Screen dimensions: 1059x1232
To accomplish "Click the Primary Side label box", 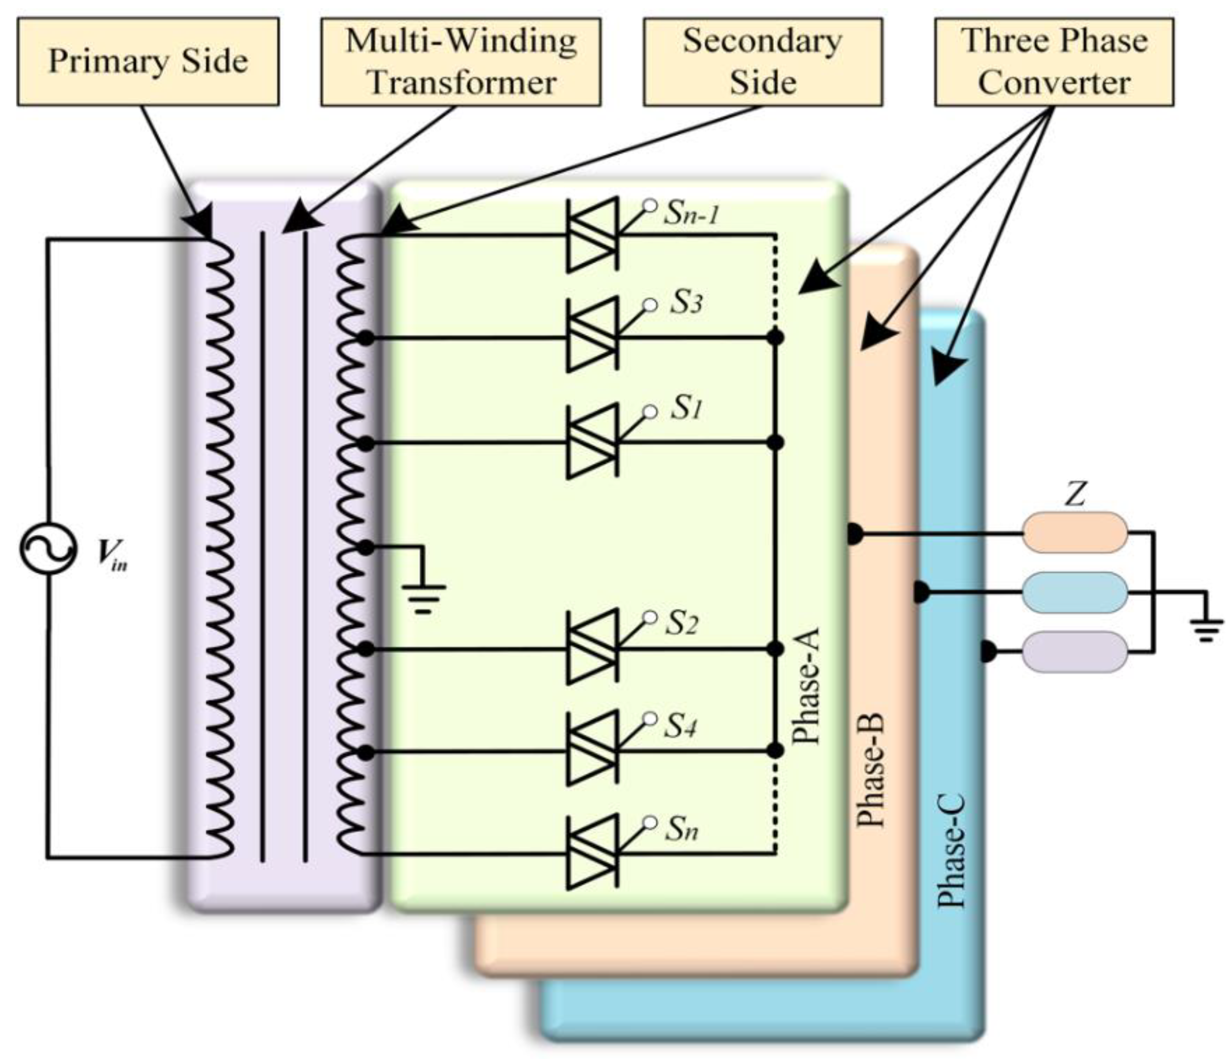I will (x=148, y=61).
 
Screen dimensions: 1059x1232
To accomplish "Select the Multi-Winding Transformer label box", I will (x=461, y=61).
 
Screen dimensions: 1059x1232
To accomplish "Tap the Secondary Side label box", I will (x=763, y=61).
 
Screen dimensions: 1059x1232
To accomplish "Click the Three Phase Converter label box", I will (x=1054, y=61).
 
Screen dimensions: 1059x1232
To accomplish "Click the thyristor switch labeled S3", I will (x=592, y=337).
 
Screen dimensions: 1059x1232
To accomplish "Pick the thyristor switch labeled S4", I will (x=592, y=750).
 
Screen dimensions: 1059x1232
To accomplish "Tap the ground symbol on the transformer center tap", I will (x=423, y=597).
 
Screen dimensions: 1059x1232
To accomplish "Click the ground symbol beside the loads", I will (x=1206, y=628).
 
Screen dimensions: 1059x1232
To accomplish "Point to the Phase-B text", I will (x=872, y=769).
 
